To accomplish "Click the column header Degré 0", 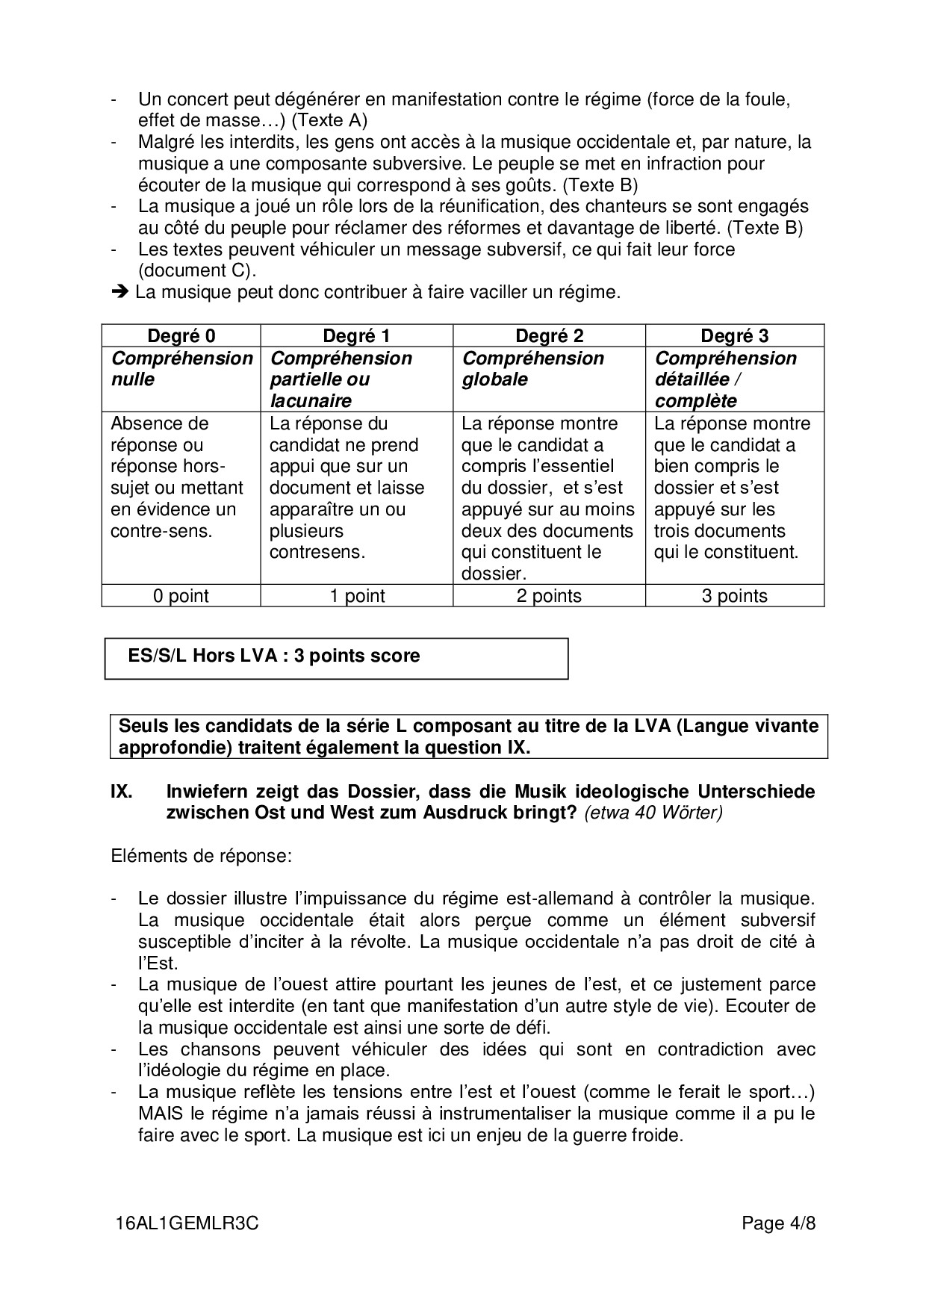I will (x=181, y=336).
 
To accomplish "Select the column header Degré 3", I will (x=734, y=336).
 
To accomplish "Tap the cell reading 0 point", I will (x=181, y=596).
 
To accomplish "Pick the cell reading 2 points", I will (x=549, y=596).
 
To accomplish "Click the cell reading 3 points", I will (x=734, y=596).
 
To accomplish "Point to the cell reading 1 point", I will (x=356, y=596).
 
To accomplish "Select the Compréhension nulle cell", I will (x=181, y=368).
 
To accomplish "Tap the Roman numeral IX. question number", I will (x=122, y=792).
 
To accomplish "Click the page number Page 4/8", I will (x=778, y=1224).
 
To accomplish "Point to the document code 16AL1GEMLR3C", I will (x=187, y=1224).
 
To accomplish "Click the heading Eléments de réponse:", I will (x=200, y=856).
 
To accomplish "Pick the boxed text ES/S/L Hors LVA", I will (x=273, y=656).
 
